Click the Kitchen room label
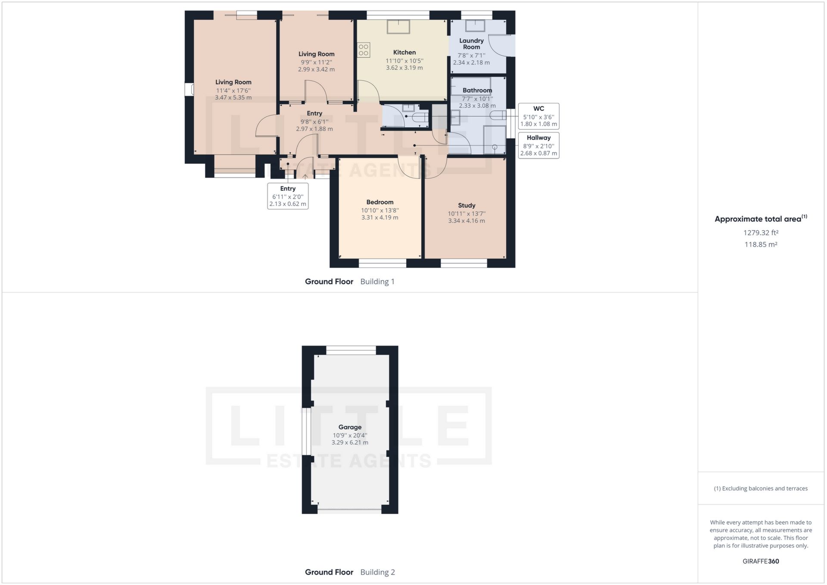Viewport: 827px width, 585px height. point(404,52)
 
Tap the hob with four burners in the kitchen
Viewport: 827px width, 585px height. point(363,50)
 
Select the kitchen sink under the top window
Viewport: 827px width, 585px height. point(398,27)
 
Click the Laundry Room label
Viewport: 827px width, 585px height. point(471,44)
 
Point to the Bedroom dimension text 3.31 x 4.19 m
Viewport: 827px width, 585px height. point(379,218)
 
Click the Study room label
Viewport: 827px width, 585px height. point(466,205)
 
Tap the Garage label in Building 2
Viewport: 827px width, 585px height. point(349,427)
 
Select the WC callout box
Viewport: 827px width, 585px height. point(538,116)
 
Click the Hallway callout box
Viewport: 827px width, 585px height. point(538,145)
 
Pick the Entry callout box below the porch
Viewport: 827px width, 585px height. point(288,196)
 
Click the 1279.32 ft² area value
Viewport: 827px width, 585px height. point(761,233)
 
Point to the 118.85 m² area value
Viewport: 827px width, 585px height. point(761,244)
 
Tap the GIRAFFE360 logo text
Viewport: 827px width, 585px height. point(761,561)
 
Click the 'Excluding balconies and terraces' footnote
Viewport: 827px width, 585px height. point(761,488)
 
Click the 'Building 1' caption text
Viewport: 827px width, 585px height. point(377,281)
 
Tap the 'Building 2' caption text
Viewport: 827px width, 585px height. point(377,572)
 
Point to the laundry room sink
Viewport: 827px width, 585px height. point(475,26)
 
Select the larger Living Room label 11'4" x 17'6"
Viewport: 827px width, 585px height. point(233,82)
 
